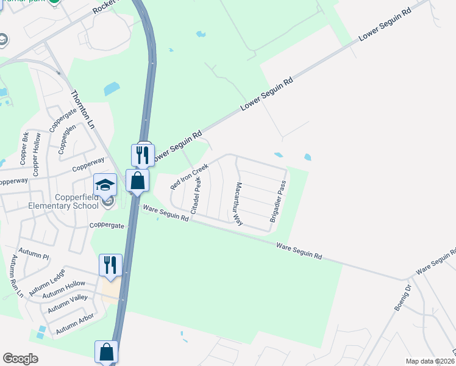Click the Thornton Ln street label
click(x=84, y=109)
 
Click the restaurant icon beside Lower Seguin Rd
click(x=143, y=155)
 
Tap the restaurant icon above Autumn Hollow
click(x=110, y=265)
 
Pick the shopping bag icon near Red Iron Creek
click(x=138, y=181)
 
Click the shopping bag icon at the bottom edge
click(x=106, y=353)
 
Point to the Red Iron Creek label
click(x=190, y=175)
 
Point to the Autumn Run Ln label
click(x=16, y=277)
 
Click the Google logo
click(x=20, y=359)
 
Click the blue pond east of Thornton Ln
click(x=112, y=89)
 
